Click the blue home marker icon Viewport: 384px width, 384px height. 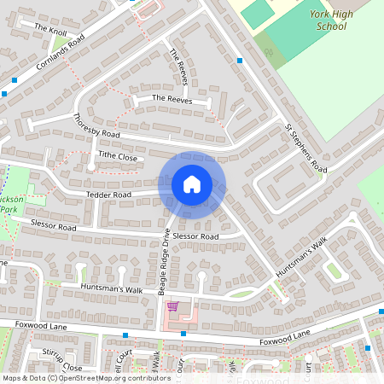point(192,183)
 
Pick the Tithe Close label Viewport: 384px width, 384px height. point(117,156)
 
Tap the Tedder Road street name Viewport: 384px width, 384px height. point(108,195)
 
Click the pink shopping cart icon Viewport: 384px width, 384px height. point(172,306)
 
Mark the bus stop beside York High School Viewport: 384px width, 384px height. point(241,61)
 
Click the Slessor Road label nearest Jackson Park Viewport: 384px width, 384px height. point(53,226)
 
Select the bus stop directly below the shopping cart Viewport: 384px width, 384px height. point(183,334)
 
